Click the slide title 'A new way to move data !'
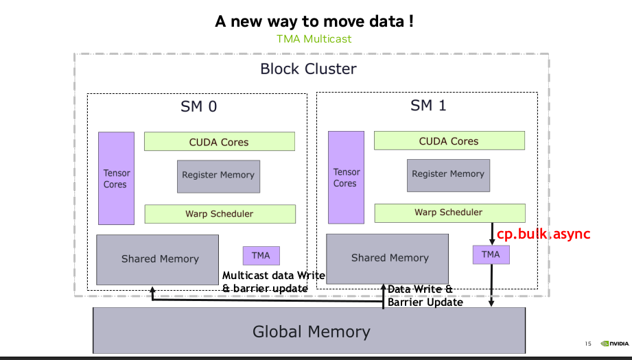[x=314, y=21]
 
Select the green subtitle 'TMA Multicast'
[x=314, y=38]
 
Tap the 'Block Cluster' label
[x=308, y=69]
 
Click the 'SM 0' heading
[x=198, y=106]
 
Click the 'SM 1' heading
[x=428, y=106]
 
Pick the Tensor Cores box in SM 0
[x=115, y=178]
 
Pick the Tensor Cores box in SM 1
[x=345, y=178]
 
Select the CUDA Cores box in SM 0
[x=219, y=142]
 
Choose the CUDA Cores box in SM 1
[x=449, y=141]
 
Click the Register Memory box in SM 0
[x=218, y=175]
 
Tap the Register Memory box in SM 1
[x=448, y=173]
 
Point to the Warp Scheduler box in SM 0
[x=219, y=213]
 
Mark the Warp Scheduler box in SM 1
[x=449, y=213]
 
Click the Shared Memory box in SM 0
[x=157, y=259]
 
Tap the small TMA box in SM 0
[x=261, y=256]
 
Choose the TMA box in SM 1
[x=491, y=254]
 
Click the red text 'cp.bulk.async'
[x=543, y=234]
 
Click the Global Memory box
[x=311, y=332]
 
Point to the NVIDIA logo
[x=614, y=344]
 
